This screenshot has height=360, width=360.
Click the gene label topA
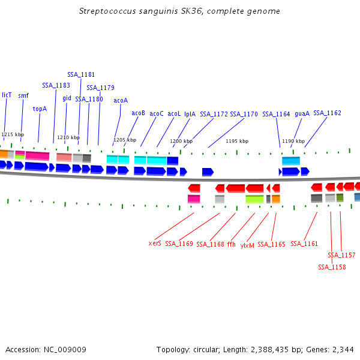[x=40, y=109]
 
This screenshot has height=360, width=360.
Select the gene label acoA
[x=121, y=100]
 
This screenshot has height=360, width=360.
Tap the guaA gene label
[x=302, y=113]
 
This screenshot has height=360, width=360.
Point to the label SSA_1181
[x=81, y=74]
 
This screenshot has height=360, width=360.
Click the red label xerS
[x=155, y=244]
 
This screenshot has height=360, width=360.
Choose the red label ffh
[x=232, y=244]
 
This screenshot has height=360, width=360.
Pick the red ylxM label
[x=247, y=245]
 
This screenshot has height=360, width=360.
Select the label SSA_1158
[x=332, y=267]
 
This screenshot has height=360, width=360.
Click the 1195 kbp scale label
[x=237, y=141]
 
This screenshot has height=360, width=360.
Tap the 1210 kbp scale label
[x=68, y=137]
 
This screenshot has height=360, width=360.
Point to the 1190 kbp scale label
[x=293, y=141]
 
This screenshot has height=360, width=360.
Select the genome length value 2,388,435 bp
[x=276, y=350]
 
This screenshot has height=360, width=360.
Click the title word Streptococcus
[x=107, y=11]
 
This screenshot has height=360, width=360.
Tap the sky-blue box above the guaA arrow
[x=291, y=161]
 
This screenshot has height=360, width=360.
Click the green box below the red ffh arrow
[x=254, y=199]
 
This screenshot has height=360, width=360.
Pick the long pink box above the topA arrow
[x=37, y=155]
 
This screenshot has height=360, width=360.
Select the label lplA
[x=190, y=114]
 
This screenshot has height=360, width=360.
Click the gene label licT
[x=7, y=95]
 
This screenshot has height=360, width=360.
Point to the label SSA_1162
[x=327, y=113]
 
